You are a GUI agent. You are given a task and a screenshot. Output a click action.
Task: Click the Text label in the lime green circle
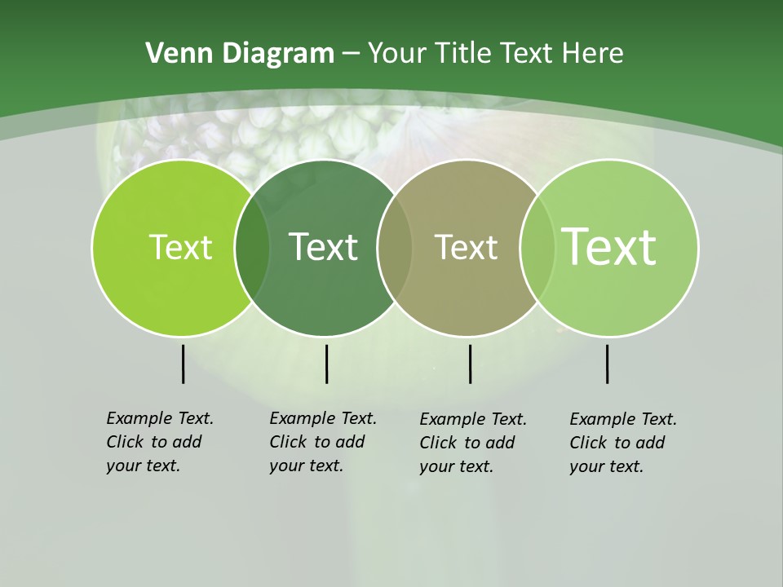pos(180,247)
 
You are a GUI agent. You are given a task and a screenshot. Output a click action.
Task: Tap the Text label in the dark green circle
pos(323,247)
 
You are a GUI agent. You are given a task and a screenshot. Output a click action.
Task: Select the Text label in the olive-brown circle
pos(466,247)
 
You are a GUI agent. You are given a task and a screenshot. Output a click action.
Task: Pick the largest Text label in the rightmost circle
pos(609,246)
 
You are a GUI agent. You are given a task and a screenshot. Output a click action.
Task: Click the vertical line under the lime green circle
pos(183,364)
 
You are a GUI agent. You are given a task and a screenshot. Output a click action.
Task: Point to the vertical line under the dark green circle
pos(326,364)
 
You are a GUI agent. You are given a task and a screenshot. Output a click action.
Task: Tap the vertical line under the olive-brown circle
pos(470,364)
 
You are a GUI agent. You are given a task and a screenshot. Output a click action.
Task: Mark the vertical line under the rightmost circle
pos(607,364)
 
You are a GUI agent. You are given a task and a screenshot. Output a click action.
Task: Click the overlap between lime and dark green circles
pos(252,248)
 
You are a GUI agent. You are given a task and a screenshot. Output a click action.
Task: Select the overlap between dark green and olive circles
pos(395,248)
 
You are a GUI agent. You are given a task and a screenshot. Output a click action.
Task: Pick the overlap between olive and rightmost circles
pos(537,248)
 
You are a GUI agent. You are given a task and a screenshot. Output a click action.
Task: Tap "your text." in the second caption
pos(307,466)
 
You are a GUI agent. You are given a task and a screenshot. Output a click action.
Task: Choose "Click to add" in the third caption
pos(467,443)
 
